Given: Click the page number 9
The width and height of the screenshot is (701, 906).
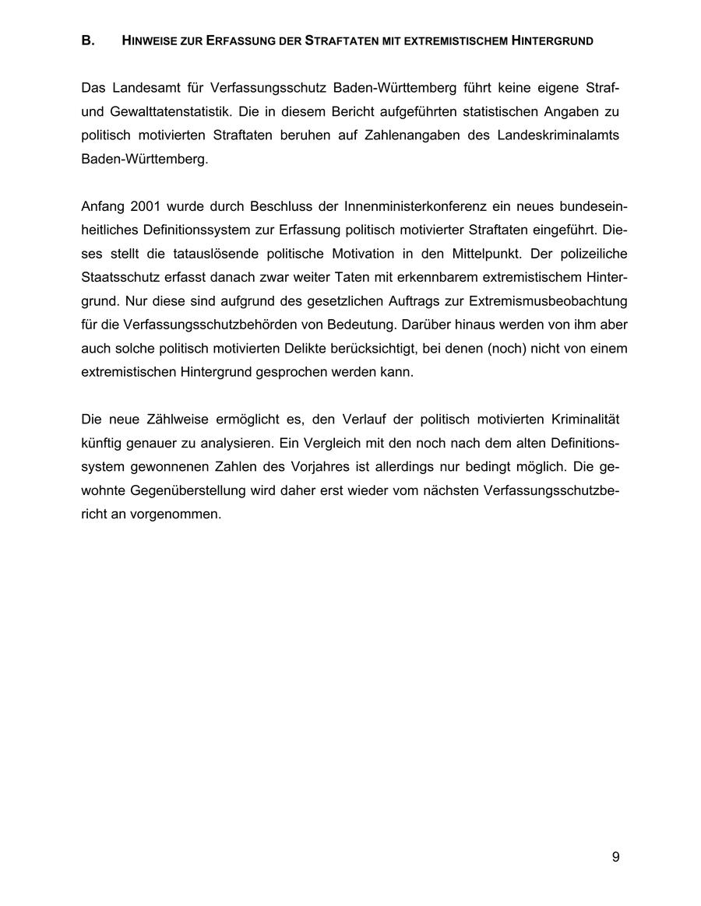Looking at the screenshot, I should coord(616,857).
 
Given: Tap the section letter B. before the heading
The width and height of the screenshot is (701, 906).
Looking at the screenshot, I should coord(88,41).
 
